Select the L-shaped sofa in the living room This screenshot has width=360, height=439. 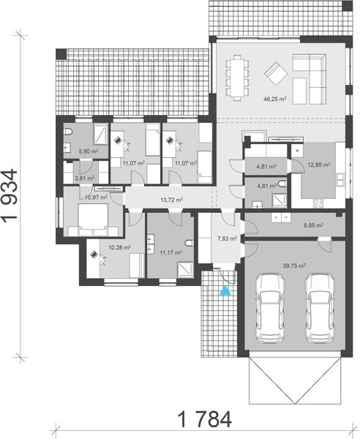[x=312, y=73]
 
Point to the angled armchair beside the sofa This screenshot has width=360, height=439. [x=276, y=72]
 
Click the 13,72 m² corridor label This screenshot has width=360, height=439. [x=171, y=199]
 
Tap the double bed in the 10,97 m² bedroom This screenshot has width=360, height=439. [x=91, y=217]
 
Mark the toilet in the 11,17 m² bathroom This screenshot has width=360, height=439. [x=189, y=244]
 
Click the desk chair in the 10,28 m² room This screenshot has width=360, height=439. [x=97, y=255]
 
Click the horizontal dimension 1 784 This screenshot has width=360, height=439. [x=204, y=419]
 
